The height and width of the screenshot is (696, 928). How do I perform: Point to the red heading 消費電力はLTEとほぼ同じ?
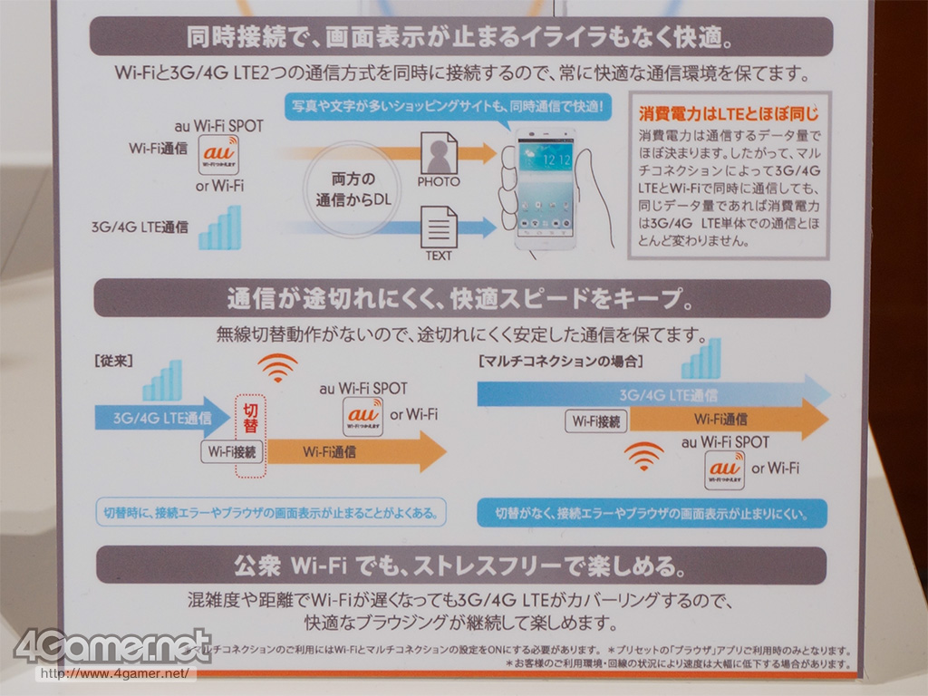point(729,114)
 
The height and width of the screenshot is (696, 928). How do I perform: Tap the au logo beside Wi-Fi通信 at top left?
point(218,154)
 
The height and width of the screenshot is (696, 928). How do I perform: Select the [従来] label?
point(114,360)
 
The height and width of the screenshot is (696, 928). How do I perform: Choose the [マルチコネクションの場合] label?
point(560,361)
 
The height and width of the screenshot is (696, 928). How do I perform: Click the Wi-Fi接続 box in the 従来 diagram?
point(232,450)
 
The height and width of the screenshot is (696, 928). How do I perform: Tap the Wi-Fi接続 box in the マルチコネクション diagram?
point(596,420)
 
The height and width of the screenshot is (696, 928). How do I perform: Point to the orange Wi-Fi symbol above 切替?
point(276,367)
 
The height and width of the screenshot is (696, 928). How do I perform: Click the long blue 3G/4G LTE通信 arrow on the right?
point(652,394)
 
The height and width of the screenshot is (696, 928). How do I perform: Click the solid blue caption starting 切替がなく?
point(652,513)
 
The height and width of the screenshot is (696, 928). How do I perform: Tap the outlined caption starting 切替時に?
point(271,513)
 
